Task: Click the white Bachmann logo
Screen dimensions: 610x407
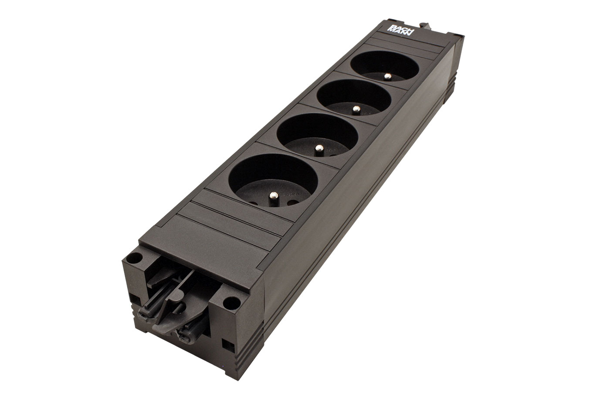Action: click(400, 29)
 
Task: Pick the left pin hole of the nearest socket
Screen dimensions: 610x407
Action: click(254, 203)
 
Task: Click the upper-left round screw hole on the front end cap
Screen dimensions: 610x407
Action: click(135, 257)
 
